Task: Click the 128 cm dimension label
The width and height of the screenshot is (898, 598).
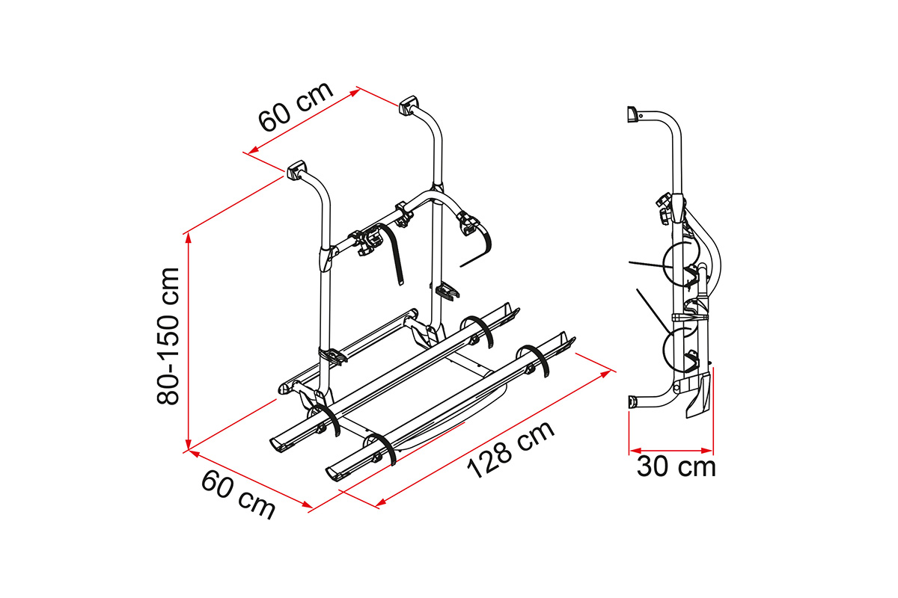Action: point(510,450)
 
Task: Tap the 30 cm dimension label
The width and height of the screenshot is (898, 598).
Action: point(676,466)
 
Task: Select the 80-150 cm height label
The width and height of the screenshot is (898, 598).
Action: point(168,336)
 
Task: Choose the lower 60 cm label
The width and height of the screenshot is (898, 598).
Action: point(238,495)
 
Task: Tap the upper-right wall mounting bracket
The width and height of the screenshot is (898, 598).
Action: point(408,105)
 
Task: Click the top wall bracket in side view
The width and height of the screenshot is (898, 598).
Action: point(632,114)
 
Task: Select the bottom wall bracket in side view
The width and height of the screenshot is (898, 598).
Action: point(632,401)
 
